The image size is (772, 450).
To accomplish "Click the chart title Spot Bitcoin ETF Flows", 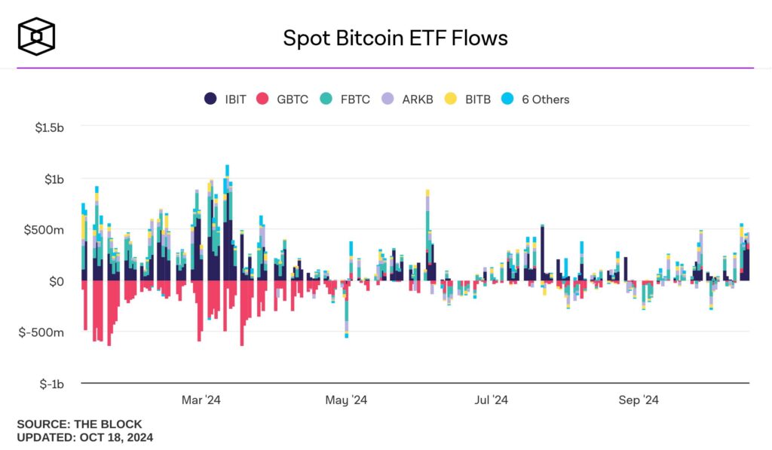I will [x=395, y=38].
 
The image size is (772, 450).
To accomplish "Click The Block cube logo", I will [x=36, y=37].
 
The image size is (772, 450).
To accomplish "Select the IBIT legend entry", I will [x=225, y=99].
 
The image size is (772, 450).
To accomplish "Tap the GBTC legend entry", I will [x=283, y=99].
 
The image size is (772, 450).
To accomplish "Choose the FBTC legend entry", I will [x=345, y=99].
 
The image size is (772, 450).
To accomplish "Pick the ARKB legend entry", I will [x=408, y=99].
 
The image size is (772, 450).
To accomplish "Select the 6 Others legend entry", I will [x=537, y=99].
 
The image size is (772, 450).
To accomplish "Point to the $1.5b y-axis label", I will [x=50, y=128].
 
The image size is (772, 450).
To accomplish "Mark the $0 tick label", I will [x=57, y=281].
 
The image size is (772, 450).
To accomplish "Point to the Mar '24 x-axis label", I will [x=201, y=400].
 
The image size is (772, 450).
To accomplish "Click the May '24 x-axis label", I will [x=346, y=400].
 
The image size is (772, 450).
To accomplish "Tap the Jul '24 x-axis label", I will [x=492, y=400].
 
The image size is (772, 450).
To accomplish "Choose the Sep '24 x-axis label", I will [x=639, y=400].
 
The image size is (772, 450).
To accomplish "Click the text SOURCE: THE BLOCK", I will [x=79, y=424].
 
